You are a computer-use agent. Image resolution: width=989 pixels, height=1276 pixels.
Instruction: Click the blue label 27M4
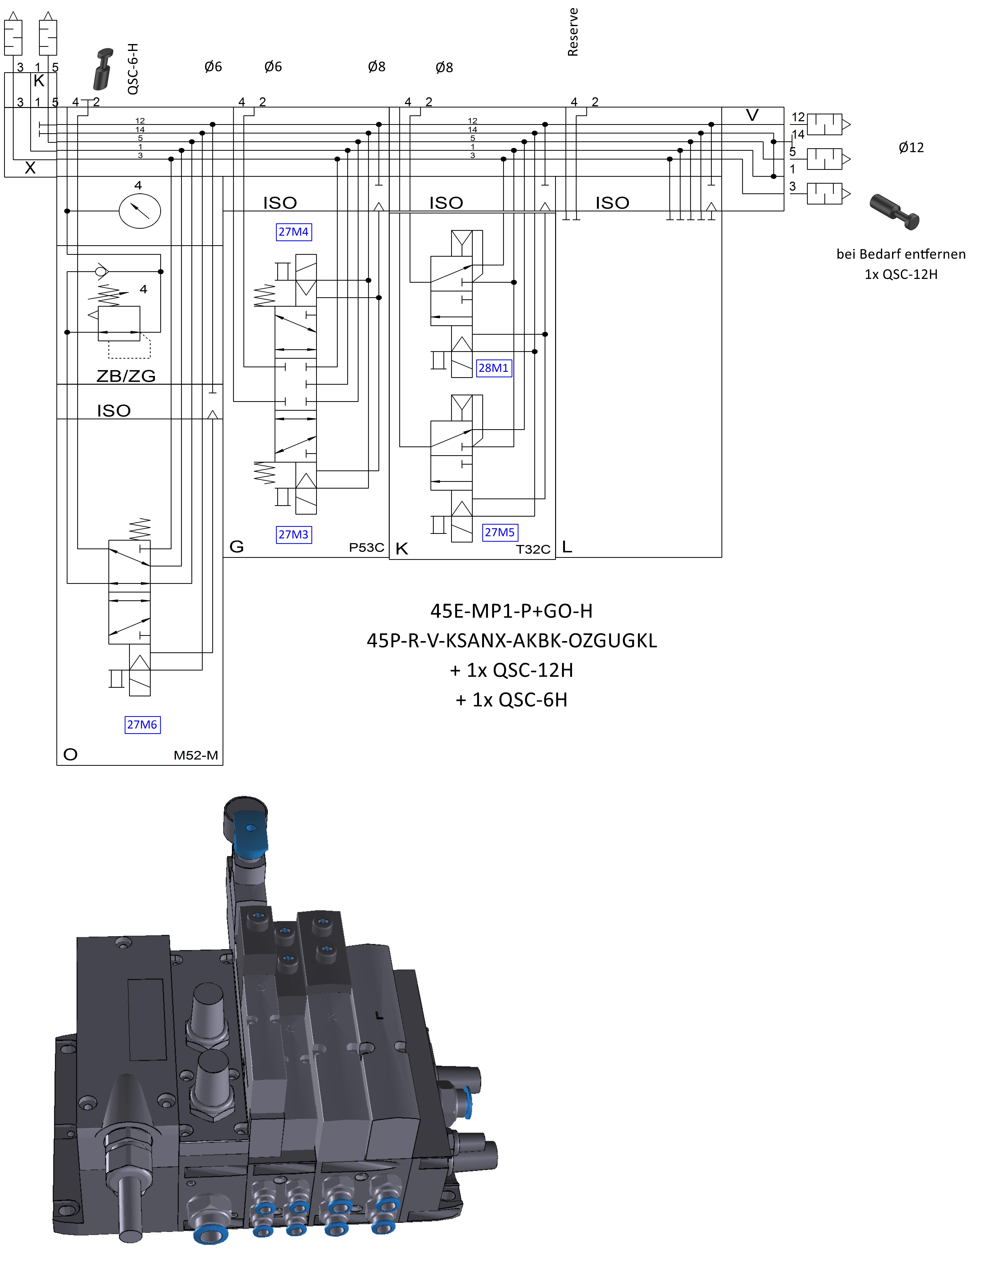tap(293, 232)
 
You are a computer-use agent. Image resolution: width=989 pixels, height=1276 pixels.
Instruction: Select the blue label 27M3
tap(293, 535)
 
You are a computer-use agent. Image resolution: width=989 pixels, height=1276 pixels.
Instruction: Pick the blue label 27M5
tap(500, 532)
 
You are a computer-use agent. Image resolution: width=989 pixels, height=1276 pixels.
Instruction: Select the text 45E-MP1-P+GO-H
tap(512, 611)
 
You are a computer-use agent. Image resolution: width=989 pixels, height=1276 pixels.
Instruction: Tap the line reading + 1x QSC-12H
tap(512, 670)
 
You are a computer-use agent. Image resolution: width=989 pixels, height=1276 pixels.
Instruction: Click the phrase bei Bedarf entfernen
tap(901, 254)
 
